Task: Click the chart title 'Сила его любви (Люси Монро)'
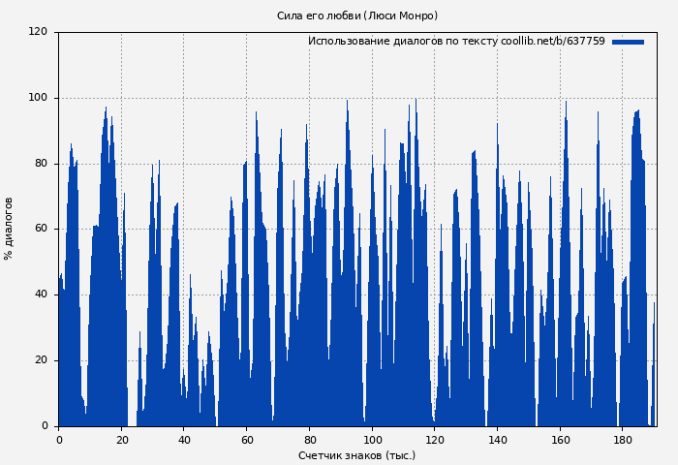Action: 356,15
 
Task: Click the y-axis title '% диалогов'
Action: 9,229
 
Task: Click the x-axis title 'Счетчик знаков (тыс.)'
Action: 356,455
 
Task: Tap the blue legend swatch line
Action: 628,42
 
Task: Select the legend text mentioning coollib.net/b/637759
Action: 456,42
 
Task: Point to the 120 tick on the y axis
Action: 38,32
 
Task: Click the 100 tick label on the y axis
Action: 38,98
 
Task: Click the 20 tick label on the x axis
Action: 121,440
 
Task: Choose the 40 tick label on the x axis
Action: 184,440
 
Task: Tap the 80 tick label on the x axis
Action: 309,440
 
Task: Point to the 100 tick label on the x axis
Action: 372,440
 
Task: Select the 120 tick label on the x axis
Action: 435,440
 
